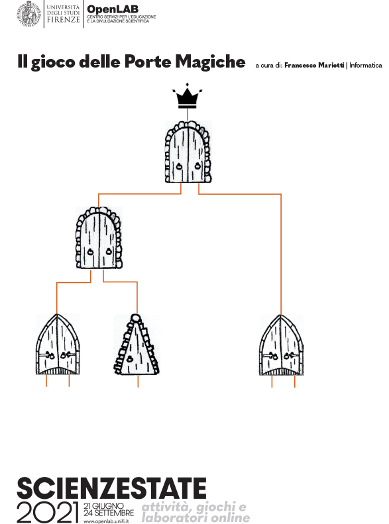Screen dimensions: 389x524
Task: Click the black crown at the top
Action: coord(187,96)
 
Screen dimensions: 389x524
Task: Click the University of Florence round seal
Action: coord(28,14)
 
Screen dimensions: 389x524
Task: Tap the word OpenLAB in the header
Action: coord(113,9)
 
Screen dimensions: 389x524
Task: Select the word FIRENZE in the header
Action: coord(63,20)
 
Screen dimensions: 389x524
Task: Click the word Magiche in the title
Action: coord(211,62)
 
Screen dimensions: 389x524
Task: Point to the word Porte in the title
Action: coord(148,62)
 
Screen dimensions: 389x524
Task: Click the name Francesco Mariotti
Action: coord(314,65)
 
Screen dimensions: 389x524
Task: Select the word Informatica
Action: coord(366,65)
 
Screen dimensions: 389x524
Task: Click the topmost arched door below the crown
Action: coord(188,152)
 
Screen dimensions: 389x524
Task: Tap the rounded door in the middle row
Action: coord(99,238)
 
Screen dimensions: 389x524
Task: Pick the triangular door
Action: coord(137,345)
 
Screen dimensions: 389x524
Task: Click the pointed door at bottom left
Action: coord(58,344)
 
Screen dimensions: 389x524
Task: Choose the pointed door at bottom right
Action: coord(282,345)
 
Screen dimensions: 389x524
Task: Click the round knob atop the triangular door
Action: coord(135,317)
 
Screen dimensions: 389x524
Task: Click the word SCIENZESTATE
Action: coord(111,488)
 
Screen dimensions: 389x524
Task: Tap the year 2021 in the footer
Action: coord(48,511)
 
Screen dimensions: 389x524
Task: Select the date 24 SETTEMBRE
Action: coord(109,513)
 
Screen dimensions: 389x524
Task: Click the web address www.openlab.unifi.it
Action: coord(106,521)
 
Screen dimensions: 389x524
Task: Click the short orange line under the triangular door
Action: coord(138,382)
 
